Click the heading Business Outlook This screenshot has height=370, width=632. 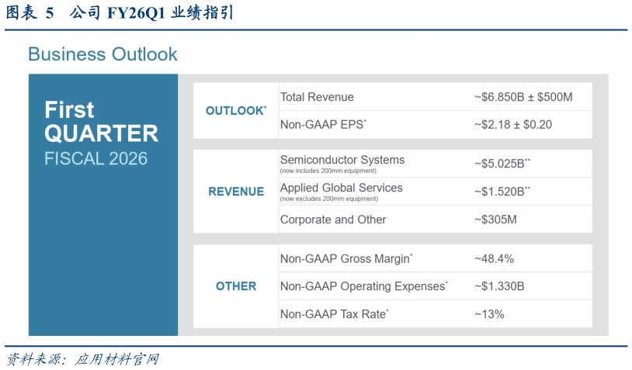[x=102, y=54]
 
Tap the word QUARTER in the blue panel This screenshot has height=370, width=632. [x=101, y=133]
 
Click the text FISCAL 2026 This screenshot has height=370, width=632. [x=95, y=158]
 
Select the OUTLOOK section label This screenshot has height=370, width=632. [x=234, y=111]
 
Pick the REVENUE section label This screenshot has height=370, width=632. [x=236, y=192]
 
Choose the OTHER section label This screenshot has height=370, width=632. [x=236, y=286]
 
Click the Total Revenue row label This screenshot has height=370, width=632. [x=317, y=97]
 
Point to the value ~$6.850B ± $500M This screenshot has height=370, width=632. [x=523, y=97]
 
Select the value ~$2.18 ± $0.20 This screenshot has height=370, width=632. [x=512, y=124]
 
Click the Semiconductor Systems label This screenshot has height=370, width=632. [x=342, y=160]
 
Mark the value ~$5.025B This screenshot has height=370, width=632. [x=501, y=163]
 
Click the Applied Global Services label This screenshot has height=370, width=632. [x=341, y=188]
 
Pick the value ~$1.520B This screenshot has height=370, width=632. [x=501, y=191]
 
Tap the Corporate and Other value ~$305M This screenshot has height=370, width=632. [x=495, y=220]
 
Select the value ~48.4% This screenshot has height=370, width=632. [x=494, y=258]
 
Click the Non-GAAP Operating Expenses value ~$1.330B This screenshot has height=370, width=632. [x=498, y=286]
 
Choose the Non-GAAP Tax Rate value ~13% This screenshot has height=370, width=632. [x=489, y=314]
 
